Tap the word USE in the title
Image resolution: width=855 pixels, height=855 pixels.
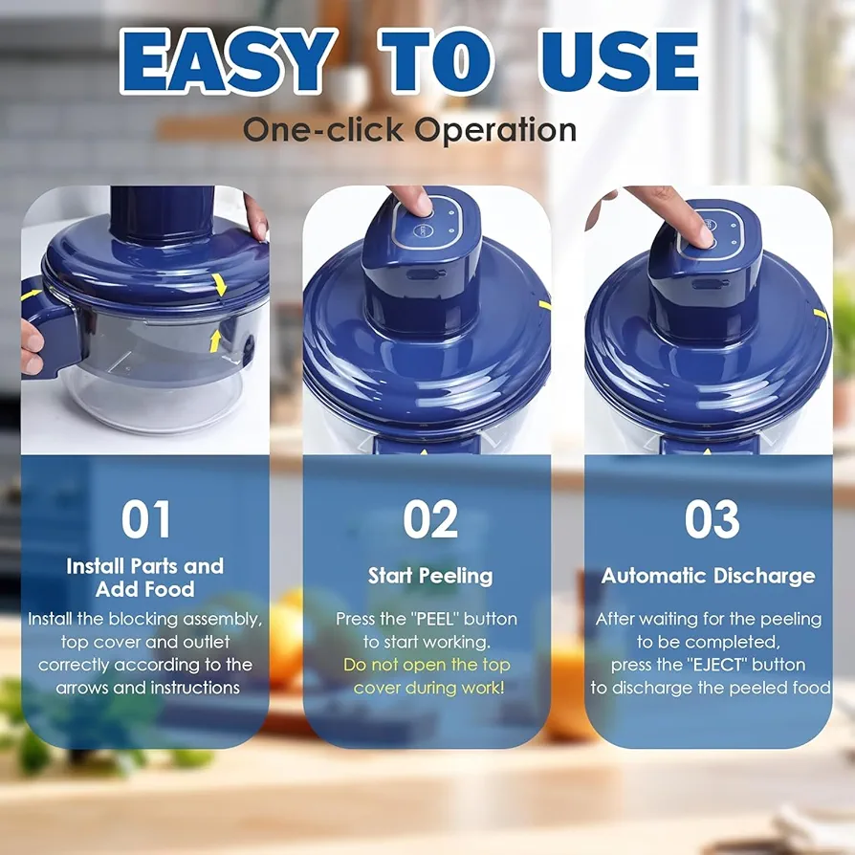click(619, 61)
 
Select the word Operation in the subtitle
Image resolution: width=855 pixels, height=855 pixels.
click(495, 130)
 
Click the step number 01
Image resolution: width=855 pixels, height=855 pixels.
click(145, 519)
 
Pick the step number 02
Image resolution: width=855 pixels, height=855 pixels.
click(430, 519)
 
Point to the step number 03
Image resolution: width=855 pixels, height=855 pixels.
click(712, 519)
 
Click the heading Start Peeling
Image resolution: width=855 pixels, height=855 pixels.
click(430, 576)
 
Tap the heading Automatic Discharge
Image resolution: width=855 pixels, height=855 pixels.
click(709, 576)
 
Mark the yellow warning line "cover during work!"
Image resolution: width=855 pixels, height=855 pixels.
click(429, 688)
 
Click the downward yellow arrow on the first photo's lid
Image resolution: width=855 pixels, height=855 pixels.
click(220, 284)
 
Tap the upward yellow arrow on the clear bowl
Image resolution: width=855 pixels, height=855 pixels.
click(215, 340)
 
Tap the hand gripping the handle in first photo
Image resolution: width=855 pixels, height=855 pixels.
click(32, 346)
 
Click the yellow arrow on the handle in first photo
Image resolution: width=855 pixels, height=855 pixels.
click(31, 295)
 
